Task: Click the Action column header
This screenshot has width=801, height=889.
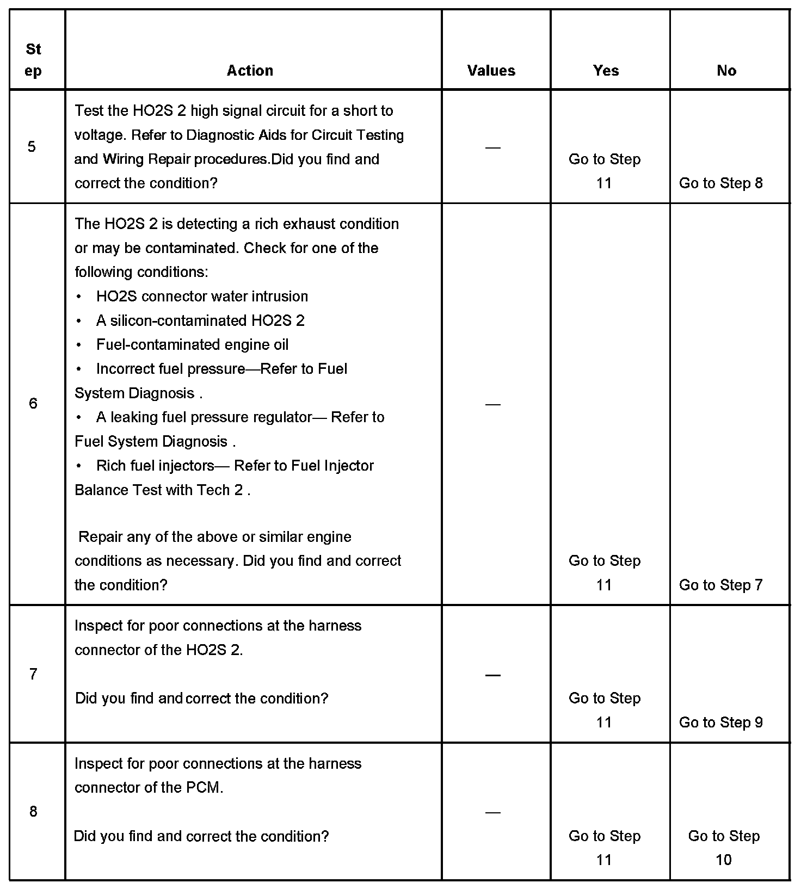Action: tap(250, 71)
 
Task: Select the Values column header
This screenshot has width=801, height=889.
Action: tap(491, 71)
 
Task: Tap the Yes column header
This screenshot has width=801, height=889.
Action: tap(606, 71)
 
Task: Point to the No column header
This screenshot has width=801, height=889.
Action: tap(726, 71)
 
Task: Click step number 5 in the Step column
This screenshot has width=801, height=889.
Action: tap(32, 146)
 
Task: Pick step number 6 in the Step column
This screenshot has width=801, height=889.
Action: tap(33, 403)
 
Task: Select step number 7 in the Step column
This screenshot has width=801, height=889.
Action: tap(33, 674)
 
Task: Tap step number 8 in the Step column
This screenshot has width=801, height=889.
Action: tap(33, 812)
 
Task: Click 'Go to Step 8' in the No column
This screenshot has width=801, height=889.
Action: tap(720, 183)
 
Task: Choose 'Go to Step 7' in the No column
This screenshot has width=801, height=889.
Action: tap(720, 585)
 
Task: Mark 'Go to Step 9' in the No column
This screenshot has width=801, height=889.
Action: tap(720, 723)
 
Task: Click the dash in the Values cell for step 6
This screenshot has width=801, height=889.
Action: tap(492, 404)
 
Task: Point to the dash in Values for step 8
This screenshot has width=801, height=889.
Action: tap(492, 812)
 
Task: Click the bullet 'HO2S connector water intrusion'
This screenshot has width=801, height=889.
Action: tap(202, 297)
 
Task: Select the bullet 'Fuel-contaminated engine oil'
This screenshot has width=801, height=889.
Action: tap(192, 345)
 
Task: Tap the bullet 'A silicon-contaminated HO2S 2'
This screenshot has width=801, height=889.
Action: tap(200, 320)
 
